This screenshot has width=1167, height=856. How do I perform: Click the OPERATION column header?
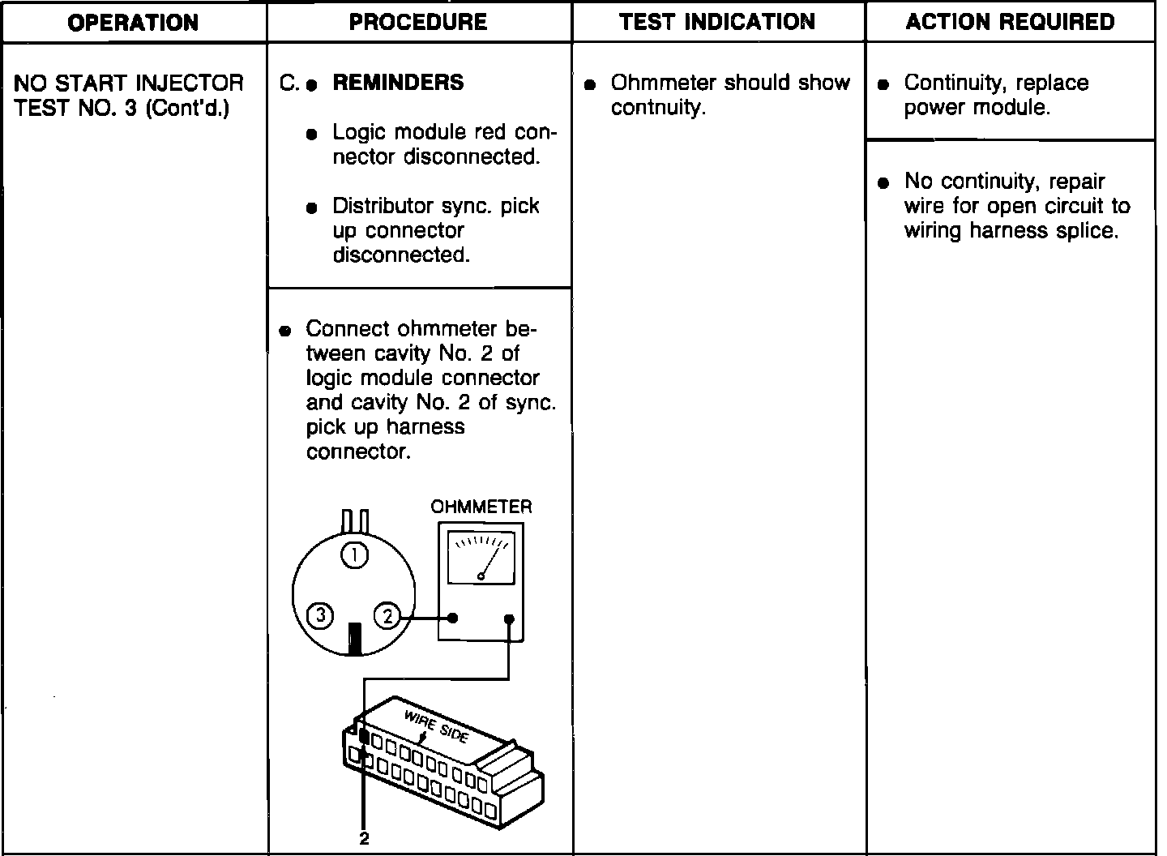[133, 22]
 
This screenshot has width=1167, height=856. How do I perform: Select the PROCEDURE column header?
[418, 22]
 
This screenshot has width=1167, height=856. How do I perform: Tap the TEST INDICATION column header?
[717, 22]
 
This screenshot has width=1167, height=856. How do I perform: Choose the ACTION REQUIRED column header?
[1010, 22]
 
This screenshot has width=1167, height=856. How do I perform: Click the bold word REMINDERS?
[398, 83]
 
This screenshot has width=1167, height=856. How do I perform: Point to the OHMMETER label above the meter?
[481, 507]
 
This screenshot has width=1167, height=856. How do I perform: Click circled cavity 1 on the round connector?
[355, 555]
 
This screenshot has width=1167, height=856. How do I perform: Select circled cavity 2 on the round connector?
[387, 617]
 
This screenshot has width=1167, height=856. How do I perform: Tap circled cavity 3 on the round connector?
[321, 617]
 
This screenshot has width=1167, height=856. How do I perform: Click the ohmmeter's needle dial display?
[481, 557]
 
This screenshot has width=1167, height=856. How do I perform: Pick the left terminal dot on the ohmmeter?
[453, 618]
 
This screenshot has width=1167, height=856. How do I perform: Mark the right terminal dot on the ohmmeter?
[509, 619]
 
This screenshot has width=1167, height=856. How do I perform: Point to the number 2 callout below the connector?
[364, 839]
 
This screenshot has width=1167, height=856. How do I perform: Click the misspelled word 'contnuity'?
[658, 108]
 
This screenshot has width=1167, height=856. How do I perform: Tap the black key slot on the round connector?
[354, 639]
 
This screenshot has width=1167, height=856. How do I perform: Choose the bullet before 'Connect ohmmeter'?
[284, 331]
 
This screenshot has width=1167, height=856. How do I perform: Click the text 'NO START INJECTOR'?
[129, 83]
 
